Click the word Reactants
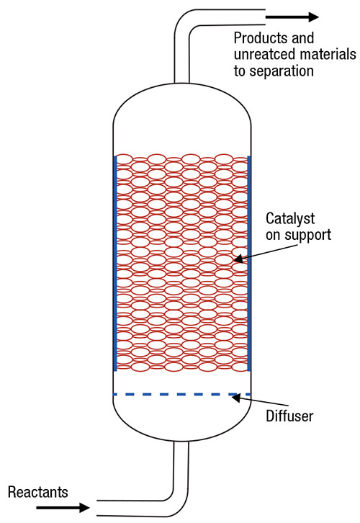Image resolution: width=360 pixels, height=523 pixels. (37, 492)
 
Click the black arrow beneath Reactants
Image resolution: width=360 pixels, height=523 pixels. (63, 508)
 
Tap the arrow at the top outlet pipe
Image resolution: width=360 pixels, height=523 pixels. (292, 17)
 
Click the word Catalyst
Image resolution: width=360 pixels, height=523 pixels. (290, 219)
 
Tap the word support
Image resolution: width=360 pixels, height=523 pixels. (307, 235)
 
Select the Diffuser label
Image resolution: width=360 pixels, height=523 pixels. (289, 416)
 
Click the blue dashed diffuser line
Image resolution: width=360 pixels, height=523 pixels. (181, 394)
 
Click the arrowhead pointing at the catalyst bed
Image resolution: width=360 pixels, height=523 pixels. (238, 259)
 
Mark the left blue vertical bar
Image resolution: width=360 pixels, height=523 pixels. (115, 263)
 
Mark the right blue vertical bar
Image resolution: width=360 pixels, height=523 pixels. (248, 263)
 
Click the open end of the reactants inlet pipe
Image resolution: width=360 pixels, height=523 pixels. (96, 509)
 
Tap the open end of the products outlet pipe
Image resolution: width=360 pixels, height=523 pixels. (266, 17)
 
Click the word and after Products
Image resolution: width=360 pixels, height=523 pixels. (302, 38)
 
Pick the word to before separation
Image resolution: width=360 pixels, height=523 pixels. (240, 71)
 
